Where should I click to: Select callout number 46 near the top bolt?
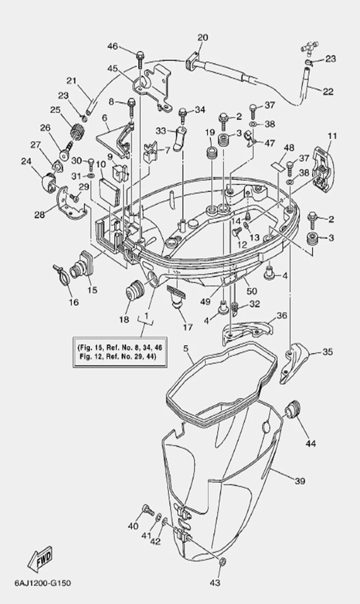click(x=112, y=47)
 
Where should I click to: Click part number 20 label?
click(x=202, y=38)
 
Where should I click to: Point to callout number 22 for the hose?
click(x=328, y=91)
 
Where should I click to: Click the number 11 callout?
click(x=332, y=136)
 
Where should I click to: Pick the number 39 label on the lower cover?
click(x=300, y=480)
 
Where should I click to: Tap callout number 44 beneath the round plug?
click(x=311, y=443)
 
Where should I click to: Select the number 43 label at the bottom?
click(x=215, y=583)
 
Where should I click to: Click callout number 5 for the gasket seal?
click(x=186, y=349)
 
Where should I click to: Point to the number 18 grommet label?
click(x=124, y=320)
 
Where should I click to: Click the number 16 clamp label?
click(x=74, y=302)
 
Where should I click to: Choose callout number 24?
click(x=25, y=162)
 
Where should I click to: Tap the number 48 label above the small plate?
click(x=289, y=148)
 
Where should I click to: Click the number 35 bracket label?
click(x=327, y=352)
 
